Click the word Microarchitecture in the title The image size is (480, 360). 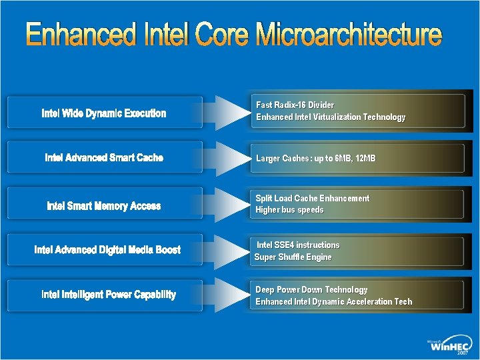(348, 35)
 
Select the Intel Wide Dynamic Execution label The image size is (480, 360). (104, 113)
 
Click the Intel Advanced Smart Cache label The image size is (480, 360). (104, 158)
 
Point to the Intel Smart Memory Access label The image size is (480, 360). (104, 206)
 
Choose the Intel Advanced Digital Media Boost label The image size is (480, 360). (107, 250)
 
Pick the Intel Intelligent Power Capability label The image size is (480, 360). (109, 295)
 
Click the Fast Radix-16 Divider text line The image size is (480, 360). (295, 105)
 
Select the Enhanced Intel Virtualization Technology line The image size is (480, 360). (330, 117)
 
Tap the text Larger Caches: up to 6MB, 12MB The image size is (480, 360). (315, 159)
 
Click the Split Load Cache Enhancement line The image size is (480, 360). (312, 199)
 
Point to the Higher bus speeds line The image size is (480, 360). (289, 210)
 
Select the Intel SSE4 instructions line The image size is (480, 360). (298, 245)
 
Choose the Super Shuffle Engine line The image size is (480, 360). (293, 257)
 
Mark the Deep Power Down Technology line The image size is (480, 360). (311, 290)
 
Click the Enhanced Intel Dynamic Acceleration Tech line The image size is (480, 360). (333, 302)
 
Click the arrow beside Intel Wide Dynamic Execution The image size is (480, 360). (229, 113)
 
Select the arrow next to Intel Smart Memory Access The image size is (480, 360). (229, 204)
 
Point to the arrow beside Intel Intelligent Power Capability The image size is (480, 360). (229, 295)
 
